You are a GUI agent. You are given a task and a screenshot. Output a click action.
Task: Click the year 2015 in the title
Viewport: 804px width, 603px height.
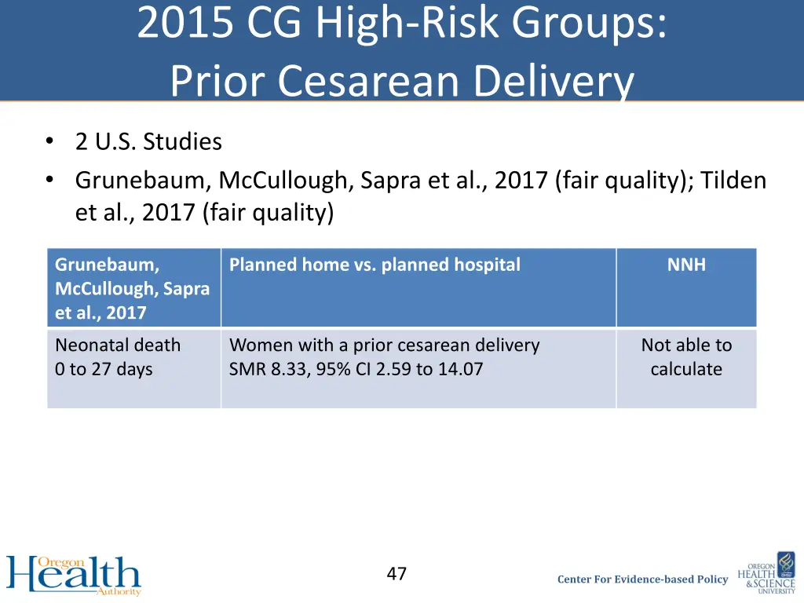pyautogui.click(x=185, y=24)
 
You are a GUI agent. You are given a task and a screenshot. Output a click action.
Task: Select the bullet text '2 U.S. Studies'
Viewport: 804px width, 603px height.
pyautogui.click(x=148, y=142)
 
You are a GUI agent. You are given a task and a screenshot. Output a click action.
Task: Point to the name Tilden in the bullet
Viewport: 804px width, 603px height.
pyautogui.click(x=733, y=181)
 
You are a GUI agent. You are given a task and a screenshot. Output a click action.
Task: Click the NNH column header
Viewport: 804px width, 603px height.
pyautogui.click(x=686, y=265)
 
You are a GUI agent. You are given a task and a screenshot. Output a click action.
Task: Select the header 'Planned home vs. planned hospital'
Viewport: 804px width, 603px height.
pyautogui.click(x=375, y=265)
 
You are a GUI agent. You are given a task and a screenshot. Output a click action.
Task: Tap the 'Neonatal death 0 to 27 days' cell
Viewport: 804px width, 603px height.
pyautogui.click(x=118, y=357)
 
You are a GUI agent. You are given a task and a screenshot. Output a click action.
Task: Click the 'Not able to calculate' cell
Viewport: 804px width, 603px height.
pyautogui.click(x=686, y=357)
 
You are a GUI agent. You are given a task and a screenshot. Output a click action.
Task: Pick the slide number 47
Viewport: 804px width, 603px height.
pyautogui.click(x=397, y=574)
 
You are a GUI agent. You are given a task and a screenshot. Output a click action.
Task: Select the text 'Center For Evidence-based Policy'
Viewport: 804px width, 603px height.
pyautogui.click(x=642, y=579)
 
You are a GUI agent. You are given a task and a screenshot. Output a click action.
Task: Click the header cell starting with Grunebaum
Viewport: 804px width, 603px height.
pyautogui.click(x=132, y=288)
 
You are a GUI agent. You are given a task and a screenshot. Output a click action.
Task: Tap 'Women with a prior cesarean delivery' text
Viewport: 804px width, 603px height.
pyautogui.click(x=384, y=345)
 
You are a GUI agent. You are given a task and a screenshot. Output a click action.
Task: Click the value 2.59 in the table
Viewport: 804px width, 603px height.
pyautogui.click(x=393, y=369)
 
